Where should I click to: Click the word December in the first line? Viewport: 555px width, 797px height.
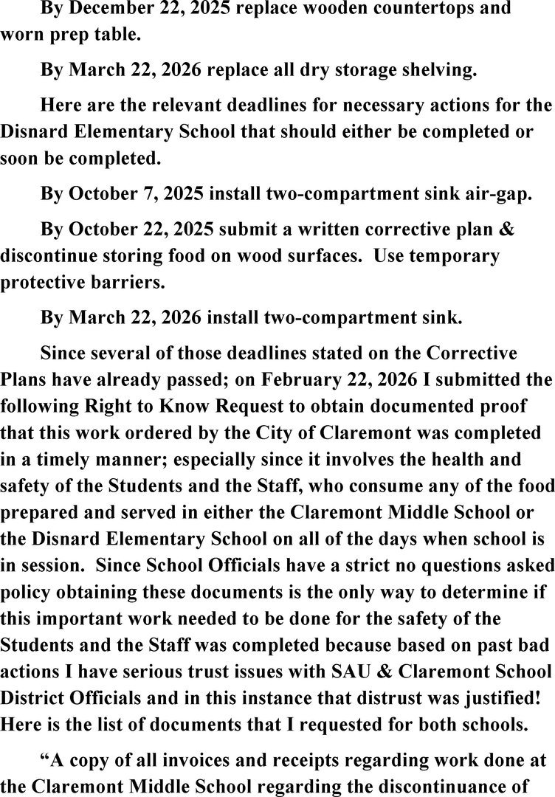tap(106, 10)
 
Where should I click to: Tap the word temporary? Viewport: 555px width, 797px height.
tap(453, 256)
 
